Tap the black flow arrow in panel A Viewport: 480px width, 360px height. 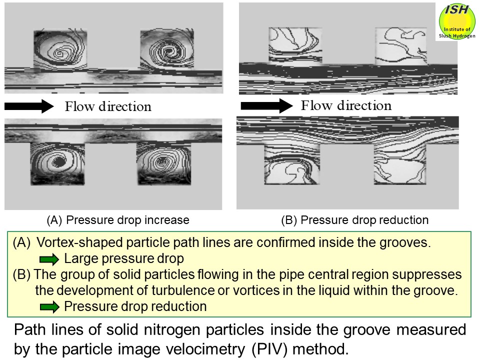(x=28, y=106)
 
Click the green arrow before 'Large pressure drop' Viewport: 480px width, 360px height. (x=49, y=259)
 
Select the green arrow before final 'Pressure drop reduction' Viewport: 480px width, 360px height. (x=49, y=306)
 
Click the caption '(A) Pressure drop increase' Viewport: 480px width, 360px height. (x=117, y=220)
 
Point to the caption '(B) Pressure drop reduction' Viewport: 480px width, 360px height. (x=355, y=220)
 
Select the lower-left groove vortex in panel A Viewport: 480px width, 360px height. (x=57, y=162)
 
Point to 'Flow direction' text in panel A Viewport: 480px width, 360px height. (x=108, y=106)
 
